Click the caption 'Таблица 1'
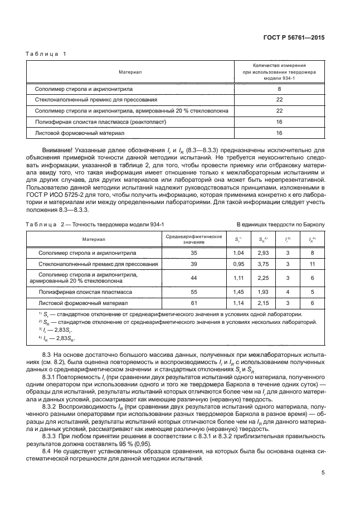[47, 54]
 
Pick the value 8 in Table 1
[279, 89]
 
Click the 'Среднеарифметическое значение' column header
[194, 239]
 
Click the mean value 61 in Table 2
[194, 303]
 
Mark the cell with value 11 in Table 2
[313, 263]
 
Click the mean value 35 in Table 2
[194, 252]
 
